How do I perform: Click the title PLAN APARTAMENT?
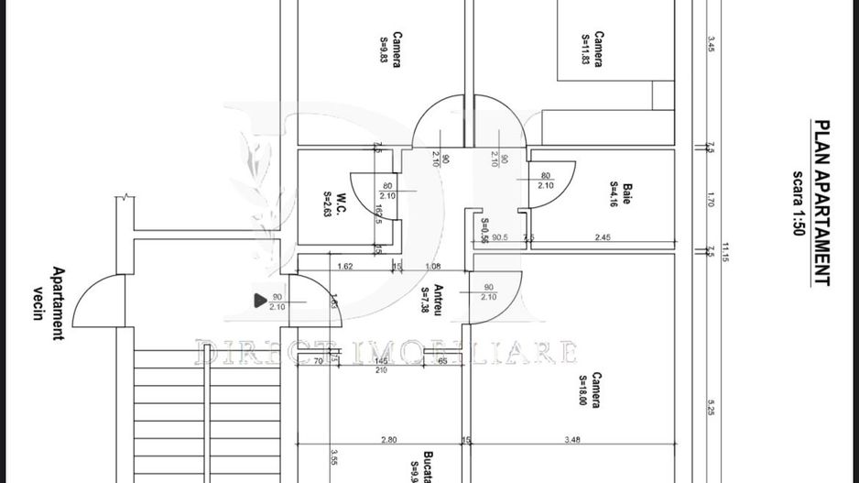[x=822, y=203]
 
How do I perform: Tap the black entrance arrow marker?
[x=260, y=299]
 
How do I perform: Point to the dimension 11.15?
[x=724, y=252]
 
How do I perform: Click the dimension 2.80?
[x=388, y=440]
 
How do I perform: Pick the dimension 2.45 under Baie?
[x=603, y=237]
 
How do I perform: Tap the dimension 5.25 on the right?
[x=711, y=407]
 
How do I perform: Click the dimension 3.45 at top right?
[x=711, y=44]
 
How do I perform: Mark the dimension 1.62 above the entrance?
[x=345, y=267]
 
